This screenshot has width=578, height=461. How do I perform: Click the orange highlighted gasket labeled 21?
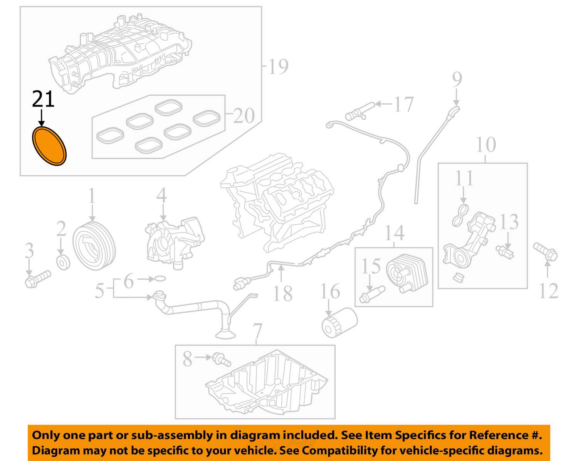(x=49, y=146)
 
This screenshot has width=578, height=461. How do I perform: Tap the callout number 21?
(x=43, y=99)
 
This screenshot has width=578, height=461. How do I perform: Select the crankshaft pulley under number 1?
(x=94, y=246)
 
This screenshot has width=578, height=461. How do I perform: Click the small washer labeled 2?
(x=63, y=262)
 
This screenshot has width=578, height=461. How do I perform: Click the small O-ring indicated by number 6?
(x=160, y=278)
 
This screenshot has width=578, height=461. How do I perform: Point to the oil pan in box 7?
(x=266, y=385)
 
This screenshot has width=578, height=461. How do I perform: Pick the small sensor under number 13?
(x=506, y=251)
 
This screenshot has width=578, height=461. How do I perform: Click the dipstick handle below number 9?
(x=454, y=112)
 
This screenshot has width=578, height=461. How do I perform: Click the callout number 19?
(x=278, y=66)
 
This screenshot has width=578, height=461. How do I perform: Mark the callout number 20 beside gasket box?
(x=244, y=115)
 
